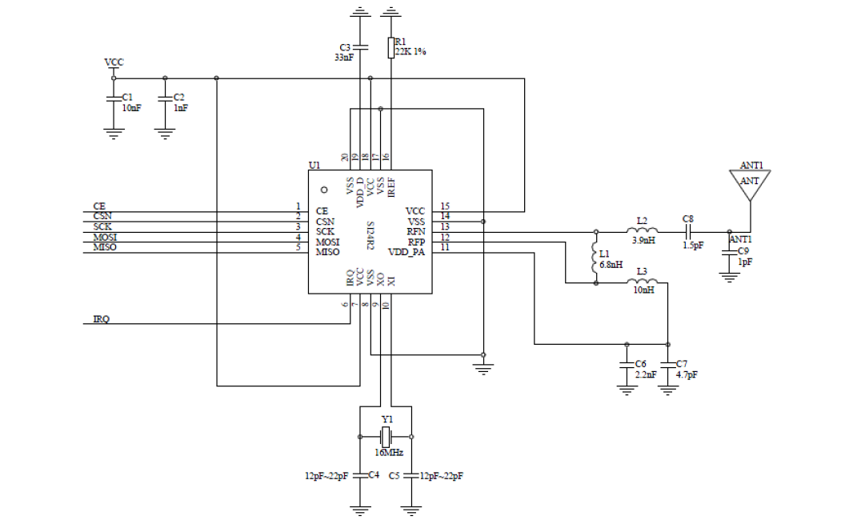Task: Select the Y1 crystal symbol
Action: (386, 437)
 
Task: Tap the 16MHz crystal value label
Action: (389, 453)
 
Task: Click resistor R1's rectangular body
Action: (390, 47)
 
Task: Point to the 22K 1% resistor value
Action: (410, 52)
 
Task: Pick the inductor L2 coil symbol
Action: (643, 230)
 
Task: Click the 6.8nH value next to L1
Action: (611, 265)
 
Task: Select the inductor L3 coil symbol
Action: (643, 282)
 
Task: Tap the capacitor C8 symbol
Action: (688, 232)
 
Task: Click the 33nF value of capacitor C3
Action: (344, 57)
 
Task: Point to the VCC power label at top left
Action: (114, 62)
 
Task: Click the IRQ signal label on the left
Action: (101, 319)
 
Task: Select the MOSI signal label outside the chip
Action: (105, 238)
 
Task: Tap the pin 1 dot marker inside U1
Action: (324, 190)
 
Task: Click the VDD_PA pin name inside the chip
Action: (406, 253)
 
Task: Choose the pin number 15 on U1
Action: (445, 206)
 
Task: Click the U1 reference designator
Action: (314, 166)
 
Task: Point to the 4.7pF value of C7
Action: (687, 375)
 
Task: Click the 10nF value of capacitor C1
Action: (131, 108)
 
